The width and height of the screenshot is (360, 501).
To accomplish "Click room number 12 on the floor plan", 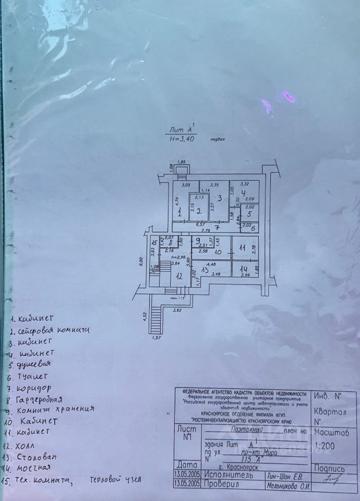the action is [x=179, y=276].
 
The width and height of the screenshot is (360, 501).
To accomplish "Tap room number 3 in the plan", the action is [x=220, y=197].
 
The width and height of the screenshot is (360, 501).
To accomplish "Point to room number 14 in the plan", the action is [x=243, y=269].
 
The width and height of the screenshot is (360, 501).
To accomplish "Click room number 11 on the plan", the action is [x=242, y=248].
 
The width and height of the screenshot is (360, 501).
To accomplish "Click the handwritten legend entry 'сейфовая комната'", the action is [x=53, y=330].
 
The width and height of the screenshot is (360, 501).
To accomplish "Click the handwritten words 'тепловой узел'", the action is [x=115, y=480].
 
